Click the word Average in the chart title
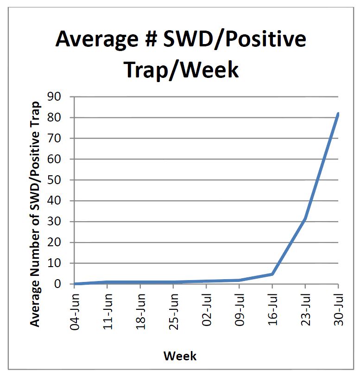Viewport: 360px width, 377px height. coord(101,39)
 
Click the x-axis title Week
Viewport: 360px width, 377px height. coord(180,356)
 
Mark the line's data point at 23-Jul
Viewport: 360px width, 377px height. coord(305,219)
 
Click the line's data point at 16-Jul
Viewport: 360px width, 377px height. coord(272,274)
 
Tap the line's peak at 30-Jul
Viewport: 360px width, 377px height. coord(338,114)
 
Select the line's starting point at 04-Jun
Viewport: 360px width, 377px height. coord(75,284)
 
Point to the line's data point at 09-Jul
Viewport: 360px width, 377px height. coord(239,280)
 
